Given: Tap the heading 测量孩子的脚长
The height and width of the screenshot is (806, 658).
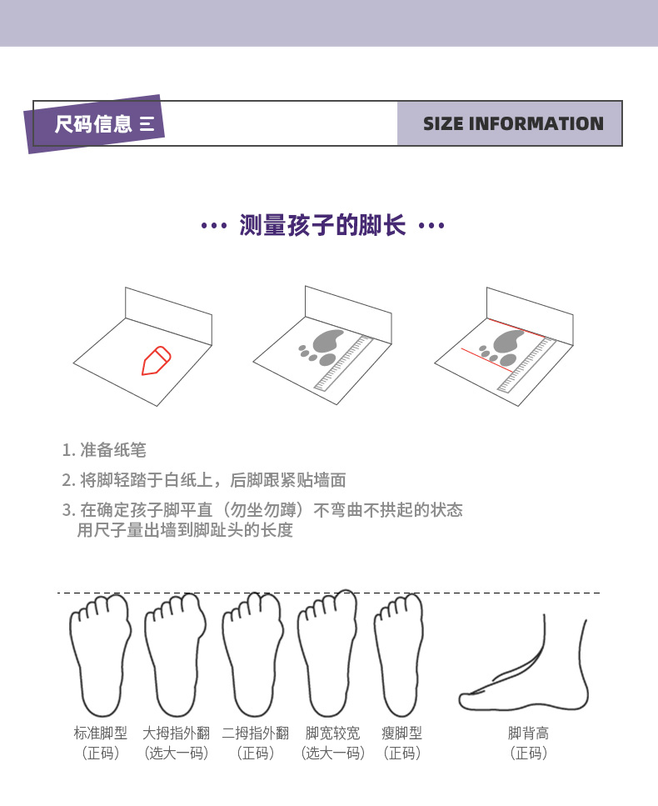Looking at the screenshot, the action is (x=322, y=225).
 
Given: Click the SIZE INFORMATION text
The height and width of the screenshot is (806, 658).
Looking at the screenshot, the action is (x=513, y=123).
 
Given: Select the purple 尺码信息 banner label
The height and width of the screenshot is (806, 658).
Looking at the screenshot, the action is (x=94, y=124).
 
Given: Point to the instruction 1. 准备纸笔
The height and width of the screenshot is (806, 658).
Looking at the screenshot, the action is (x=104, y=450).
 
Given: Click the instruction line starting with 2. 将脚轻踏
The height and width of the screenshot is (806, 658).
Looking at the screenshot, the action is (x=204, y=480).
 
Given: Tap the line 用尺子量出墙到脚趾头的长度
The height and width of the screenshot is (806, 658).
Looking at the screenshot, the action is (x=185, y=529).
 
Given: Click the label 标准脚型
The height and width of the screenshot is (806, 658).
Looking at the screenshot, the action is (x=100, y=733).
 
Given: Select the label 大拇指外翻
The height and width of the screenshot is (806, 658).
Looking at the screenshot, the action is (x=177, y=733).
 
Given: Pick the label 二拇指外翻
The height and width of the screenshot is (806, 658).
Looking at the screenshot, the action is (x=256, y=733).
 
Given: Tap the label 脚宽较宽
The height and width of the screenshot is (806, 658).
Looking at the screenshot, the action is (x=333, y=733).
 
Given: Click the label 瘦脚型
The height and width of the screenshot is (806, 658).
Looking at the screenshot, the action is (x=401, y=733).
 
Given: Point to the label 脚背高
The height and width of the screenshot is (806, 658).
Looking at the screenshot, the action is (x=528, y=733).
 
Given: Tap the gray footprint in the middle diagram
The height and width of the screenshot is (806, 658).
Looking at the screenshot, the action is (x=322, y=347).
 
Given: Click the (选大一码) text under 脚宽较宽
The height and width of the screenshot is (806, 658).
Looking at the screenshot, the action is (x=333, y=753).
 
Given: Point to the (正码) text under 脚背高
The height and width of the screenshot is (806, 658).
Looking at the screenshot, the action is (x=528, y=753).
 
